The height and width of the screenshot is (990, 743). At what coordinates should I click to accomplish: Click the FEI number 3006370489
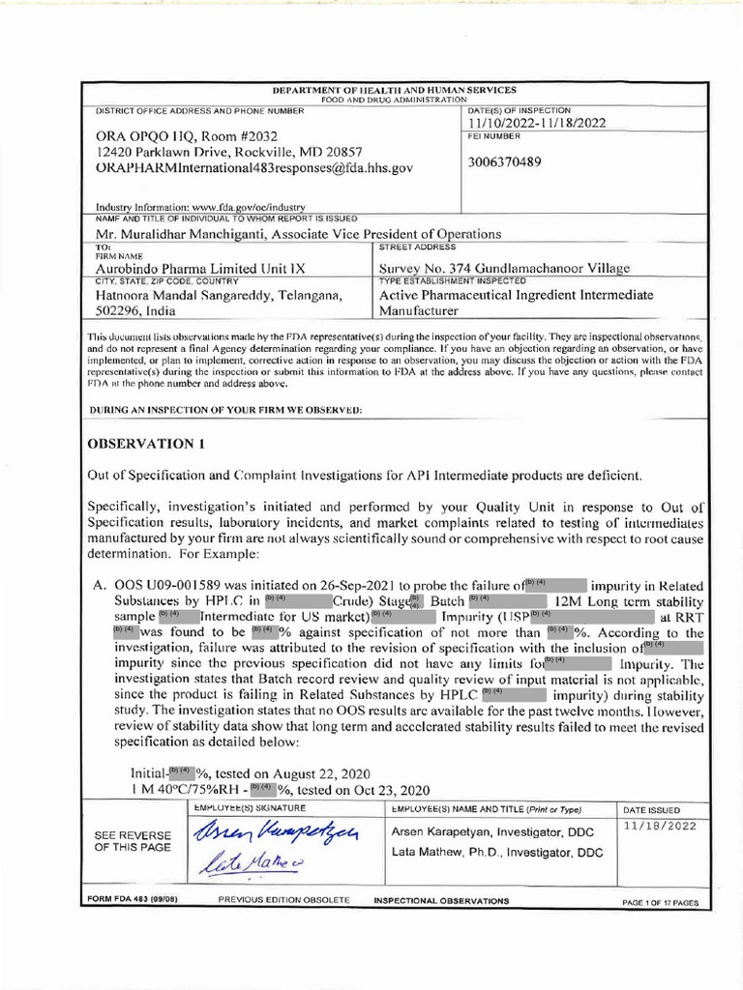505,161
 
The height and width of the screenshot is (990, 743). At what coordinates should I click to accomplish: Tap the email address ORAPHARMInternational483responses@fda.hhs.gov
254,168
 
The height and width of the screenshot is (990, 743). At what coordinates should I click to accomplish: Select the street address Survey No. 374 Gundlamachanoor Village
504,268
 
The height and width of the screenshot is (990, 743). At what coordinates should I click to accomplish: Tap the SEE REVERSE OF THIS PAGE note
133,841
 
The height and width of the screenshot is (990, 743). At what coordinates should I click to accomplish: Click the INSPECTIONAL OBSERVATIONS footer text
449,900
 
